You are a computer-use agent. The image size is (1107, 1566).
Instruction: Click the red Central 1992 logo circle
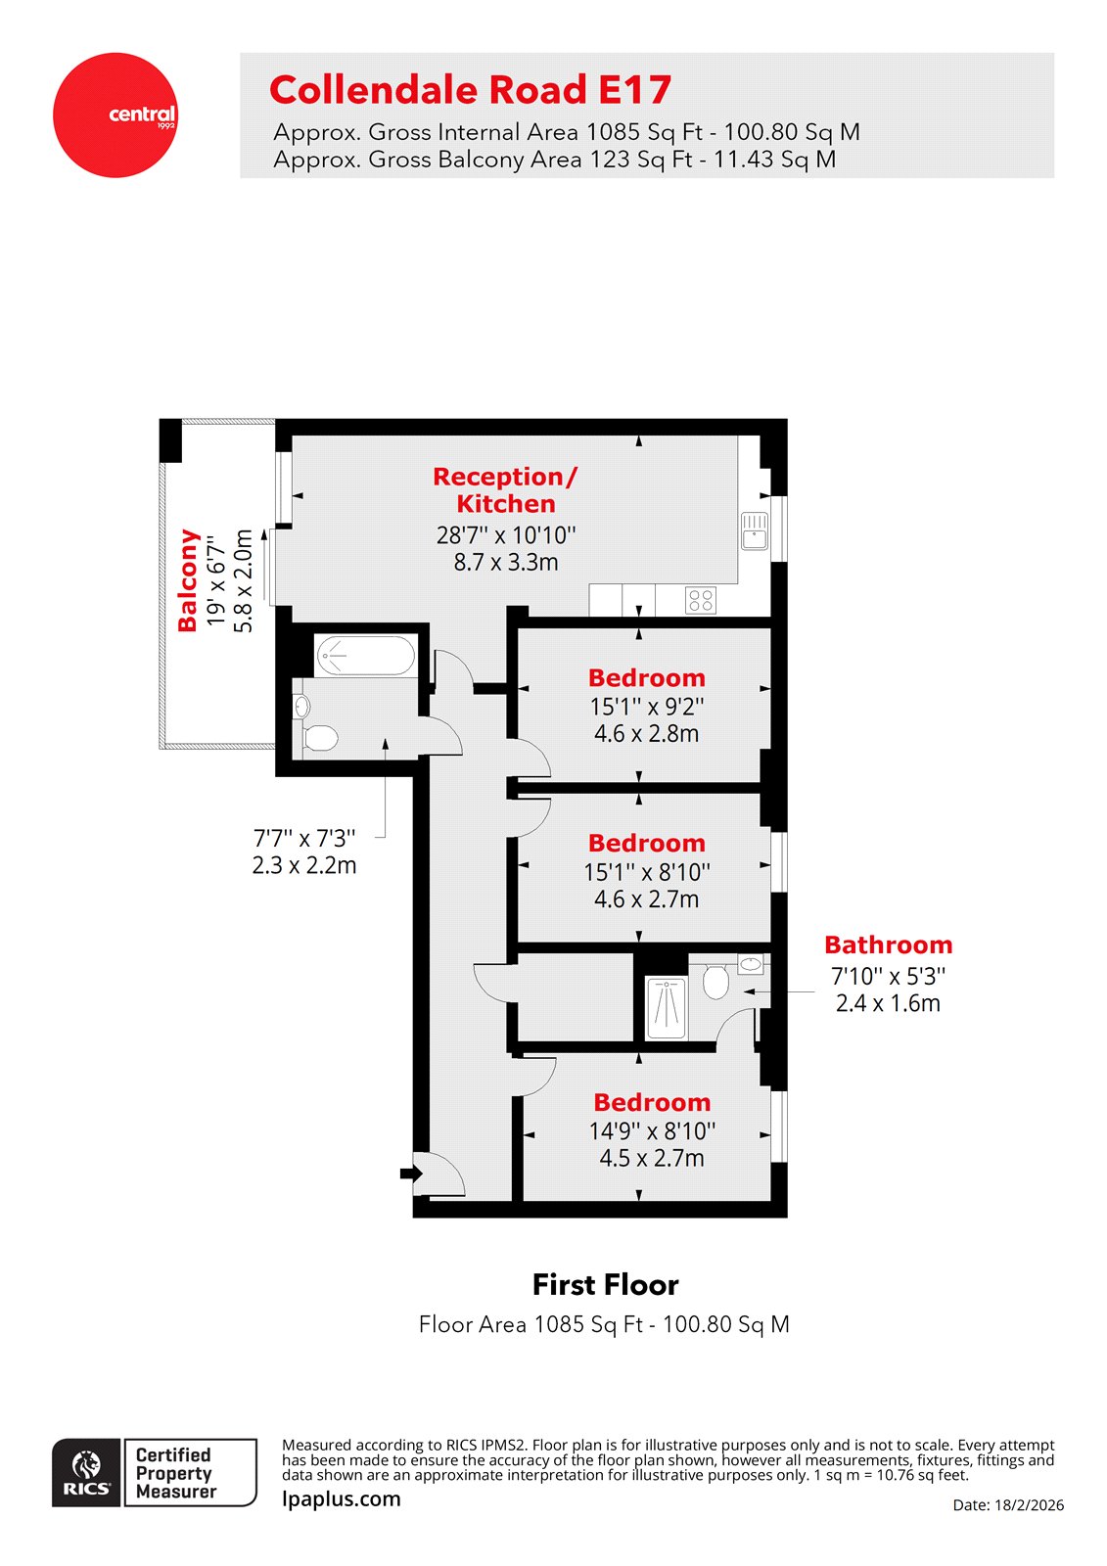click(x=115, y=115)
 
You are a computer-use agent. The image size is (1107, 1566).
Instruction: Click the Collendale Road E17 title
click(x=470, y=90)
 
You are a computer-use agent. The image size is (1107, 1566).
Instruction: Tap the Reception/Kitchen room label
click(x=505, y=489)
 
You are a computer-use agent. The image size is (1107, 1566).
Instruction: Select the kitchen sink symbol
click(x=755, y=530)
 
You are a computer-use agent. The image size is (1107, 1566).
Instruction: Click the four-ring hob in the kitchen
click(x=701, y=600)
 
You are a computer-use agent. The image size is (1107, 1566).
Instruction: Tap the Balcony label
click(x=188, y=580)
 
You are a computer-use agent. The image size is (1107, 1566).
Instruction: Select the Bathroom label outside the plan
click(x=888, y=944)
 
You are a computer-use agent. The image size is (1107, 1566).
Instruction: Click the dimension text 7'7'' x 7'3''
click(x=304, y=839)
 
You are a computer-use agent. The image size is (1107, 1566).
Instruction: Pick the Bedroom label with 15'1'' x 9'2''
click(x=646, y=677)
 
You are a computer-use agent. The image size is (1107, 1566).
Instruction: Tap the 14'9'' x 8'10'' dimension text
click(x=652, y=1131)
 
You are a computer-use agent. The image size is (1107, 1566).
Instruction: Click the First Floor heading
click(x=605, y=1284)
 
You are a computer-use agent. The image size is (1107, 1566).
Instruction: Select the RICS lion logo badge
click(x=87, y=1473)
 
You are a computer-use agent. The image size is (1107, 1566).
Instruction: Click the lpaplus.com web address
click(x=342, y=1499)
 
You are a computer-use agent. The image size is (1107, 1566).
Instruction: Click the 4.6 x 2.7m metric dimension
click(x=646, y=898)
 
